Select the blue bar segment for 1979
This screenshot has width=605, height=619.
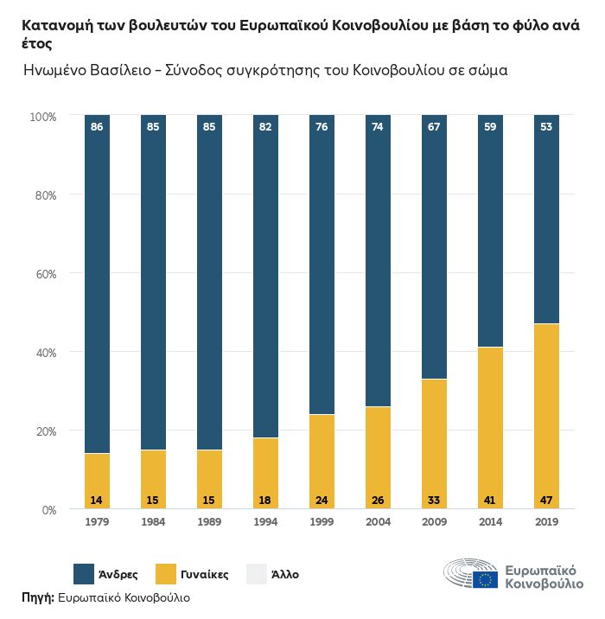(x=97, y=285)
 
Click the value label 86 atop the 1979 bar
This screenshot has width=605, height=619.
(x=97, y=128)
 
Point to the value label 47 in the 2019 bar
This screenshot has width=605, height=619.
(x=546, y=500)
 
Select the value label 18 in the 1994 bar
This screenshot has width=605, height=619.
(x=265, y=500)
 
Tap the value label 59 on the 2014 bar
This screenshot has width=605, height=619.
(x=490, y=128)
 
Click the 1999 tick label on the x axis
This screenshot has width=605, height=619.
(x=322, y=521)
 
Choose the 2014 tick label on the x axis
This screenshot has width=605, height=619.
(x=490, y=521)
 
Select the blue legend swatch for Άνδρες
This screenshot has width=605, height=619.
(x=84, y=573)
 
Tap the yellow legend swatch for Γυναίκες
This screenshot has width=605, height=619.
(x=166, y=573)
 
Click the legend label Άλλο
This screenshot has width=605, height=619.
(x=285, y=573)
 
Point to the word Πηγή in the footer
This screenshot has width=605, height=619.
(x=37, y=597)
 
